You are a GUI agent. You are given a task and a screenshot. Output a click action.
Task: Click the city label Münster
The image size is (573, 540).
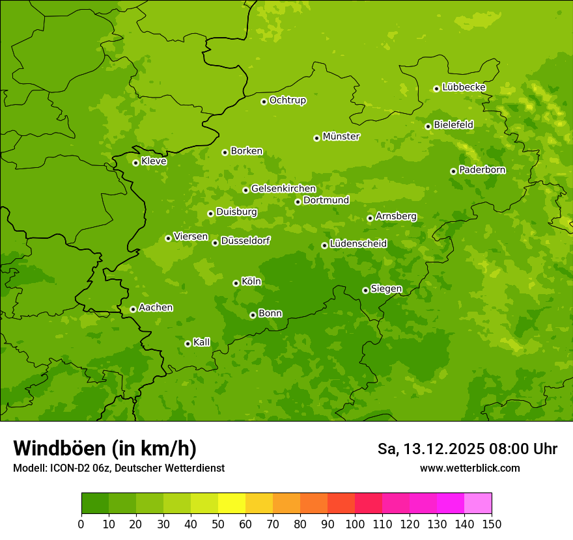(341, 137)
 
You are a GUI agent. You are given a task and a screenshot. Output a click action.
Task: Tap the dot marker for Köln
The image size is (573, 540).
(236, 283)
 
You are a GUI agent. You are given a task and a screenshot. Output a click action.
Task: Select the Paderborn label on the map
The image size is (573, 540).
(482, 170)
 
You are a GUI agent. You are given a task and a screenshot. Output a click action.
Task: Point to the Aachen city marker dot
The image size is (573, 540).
(133, 309)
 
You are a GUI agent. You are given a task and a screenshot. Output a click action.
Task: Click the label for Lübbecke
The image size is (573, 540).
(464, 87)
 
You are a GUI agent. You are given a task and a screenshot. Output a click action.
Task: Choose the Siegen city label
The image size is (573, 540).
(386, 289)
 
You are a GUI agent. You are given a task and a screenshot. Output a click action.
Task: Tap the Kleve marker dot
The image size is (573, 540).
(135, 163)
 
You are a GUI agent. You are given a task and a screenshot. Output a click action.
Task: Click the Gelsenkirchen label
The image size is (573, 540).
(283, 189)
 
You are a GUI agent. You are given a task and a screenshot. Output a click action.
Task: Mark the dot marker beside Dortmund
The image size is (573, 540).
(298, 202)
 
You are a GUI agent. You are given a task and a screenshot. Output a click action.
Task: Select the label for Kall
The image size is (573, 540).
(201, 342)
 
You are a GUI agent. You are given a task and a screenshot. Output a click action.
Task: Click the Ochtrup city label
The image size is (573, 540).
(287, 100)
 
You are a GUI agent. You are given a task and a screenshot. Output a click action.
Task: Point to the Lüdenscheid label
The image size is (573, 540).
(358, 244)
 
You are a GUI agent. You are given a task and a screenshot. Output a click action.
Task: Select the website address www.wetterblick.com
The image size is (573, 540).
(469, 468)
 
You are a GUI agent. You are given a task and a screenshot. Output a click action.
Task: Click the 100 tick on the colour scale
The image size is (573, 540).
(355, 524)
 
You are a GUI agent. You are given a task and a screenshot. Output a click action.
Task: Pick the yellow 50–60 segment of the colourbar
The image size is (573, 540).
(232, 504)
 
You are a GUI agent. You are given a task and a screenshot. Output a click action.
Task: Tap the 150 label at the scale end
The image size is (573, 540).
(492, 524)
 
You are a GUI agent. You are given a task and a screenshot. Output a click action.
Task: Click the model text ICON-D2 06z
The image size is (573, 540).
(79, 468)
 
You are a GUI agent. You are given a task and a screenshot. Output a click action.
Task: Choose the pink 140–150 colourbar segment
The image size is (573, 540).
(478, 504)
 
